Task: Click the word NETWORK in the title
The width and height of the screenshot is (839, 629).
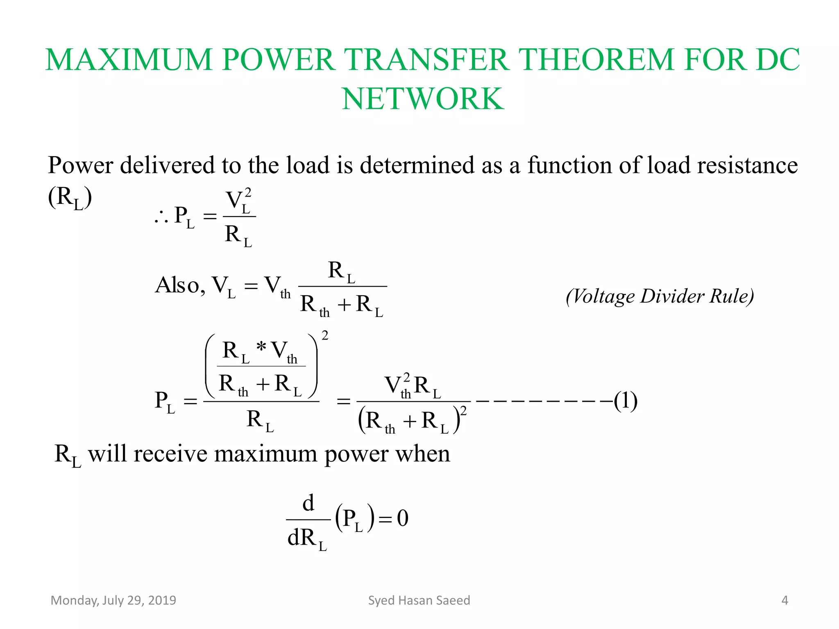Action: (x=423, y=99)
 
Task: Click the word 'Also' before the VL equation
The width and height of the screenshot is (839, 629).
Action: (x=178, y=285)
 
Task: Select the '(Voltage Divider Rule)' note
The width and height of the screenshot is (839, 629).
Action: (x=660, y=296)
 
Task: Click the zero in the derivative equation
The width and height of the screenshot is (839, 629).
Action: (x=403, y=518)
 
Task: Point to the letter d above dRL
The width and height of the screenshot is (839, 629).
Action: (x=308, y=503)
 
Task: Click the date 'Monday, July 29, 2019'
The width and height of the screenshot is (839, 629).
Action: (x=113, y=600)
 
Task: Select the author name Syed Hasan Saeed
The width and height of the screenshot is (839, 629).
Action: (x=419, y=600)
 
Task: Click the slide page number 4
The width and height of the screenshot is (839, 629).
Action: (x=785, y=600)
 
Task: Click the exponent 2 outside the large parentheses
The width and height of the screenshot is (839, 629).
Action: (x=325, y=336)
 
